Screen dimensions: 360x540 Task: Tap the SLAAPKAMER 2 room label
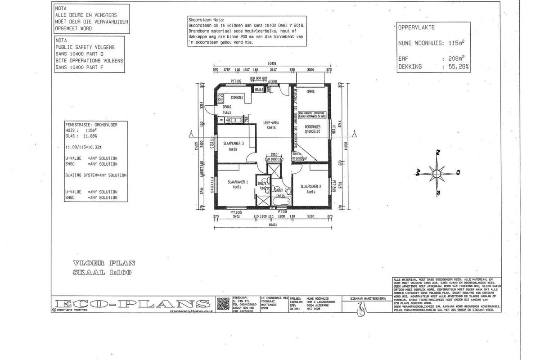point(310,186)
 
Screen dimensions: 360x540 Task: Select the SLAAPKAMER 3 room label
point(234,144)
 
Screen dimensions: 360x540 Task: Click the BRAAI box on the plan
point(259,90)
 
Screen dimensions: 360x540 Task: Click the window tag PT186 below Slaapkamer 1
point(236,211)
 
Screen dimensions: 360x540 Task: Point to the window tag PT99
point(282,211)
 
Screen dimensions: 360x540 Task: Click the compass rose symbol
point(436,172)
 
